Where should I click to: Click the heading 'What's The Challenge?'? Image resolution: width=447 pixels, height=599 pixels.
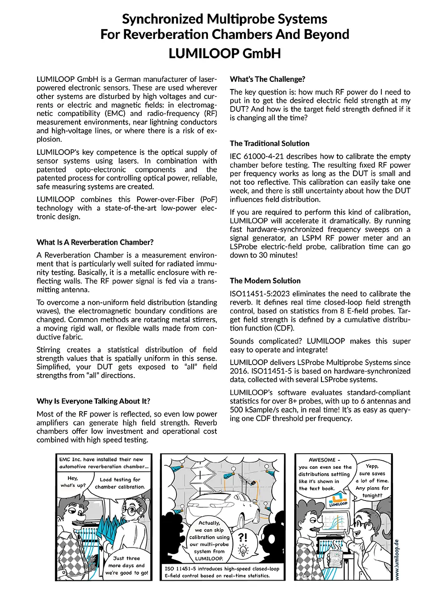coord(267,79)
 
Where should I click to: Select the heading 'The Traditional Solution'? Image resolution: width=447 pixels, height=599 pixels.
coord(270,144)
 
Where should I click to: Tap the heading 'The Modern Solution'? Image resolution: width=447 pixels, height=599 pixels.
coord(265,281)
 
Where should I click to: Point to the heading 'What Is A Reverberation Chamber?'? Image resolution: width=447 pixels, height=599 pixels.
coord(95,242)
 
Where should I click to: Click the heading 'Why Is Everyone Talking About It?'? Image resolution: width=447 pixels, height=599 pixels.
coord(93,401)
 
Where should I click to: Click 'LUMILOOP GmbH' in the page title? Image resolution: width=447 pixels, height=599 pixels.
coord(224,54)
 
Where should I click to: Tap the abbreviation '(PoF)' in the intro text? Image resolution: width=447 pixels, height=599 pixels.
coord(208,200)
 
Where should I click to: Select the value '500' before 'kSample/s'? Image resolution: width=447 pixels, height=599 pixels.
coord(237,410)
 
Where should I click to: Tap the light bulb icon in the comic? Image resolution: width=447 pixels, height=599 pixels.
coord(243,550)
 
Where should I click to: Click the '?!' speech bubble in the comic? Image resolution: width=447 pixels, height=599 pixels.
coord(243,537)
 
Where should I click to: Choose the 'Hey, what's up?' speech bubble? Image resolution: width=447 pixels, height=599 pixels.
coord(73,482)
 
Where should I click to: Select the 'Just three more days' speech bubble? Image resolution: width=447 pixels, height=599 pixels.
coord(127,565)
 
